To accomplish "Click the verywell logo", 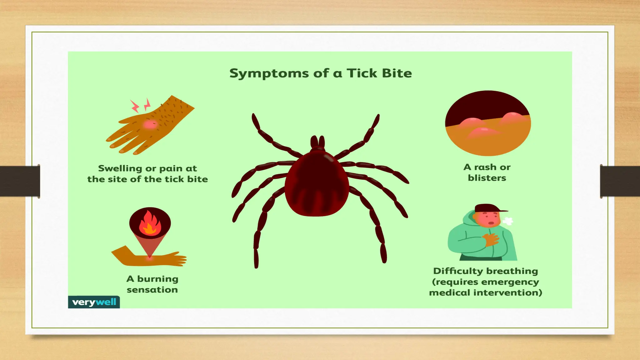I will [x=94, y=302].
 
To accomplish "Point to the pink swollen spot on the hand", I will [x=150, y=125].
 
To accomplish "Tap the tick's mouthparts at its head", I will [x=317, y=142].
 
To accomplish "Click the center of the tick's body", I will [x=317, y=184].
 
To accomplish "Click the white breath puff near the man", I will [x=507, y=221].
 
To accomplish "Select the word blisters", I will [x=487, y=178].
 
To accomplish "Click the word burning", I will [x=157, y=279].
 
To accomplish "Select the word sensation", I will [x=152, y=290].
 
